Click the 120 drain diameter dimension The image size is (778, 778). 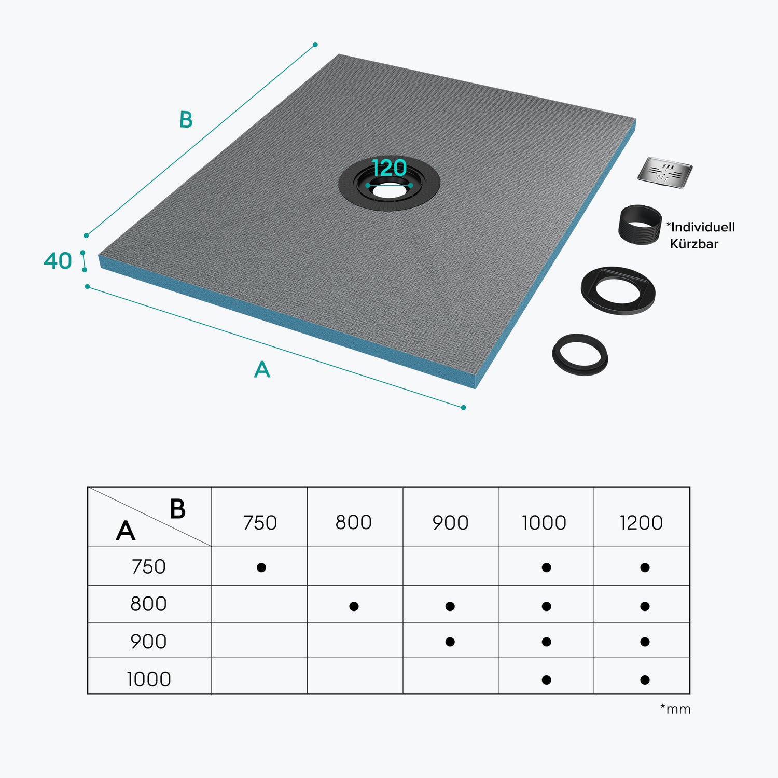point(390,168)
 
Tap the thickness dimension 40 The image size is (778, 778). point(58,261)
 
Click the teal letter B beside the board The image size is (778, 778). point(186,120)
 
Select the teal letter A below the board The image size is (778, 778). point(262,369)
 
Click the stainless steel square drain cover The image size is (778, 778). point(665,173)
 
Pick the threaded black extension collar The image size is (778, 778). point(640,225)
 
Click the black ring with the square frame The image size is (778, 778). point(618,289)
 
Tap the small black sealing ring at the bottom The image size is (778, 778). point(580,354)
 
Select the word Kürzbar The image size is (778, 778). point(694,244)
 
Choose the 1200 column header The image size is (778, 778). point(641,523)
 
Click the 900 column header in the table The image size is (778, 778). point(450,523)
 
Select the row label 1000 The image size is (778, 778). point(149,679)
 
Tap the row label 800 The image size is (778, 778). point(148,604)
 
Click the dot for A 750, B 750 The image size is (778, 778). point(261,567)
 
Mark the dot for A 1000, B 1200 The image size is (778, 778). point(645,680)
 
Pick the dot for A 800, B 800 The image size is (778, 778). point(354,606)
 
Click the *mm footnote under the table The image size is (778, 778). point(675,709)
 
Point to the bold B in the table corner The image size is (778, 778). point(178,509)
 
